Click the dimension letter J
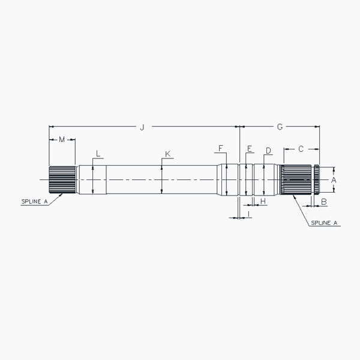[x=142, y=127]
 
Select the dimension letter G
[x=280, y=127]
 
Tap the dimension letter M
[x=62, y=140]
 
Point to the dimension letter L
[x=98, y=153]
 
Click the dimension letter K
[x=167, y=154]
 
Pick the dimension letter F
[x=220, y=148]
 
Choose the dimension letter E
[x=249, y=148]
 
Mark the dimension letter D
[x=268, y=150]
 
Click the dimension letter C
[x=301, y=148]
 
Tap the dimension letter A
[x=334, y=179]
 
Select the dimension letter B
[x=323, y=202]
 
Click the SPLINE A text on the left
[x=34, y=202]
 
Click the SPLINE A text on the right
[x=325, y=223]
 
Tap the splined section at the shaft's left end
[x=62, y=179]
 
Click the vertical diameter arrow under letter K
[x=162, y=179]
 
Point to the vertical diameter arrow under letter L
[x=92, y=179]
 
